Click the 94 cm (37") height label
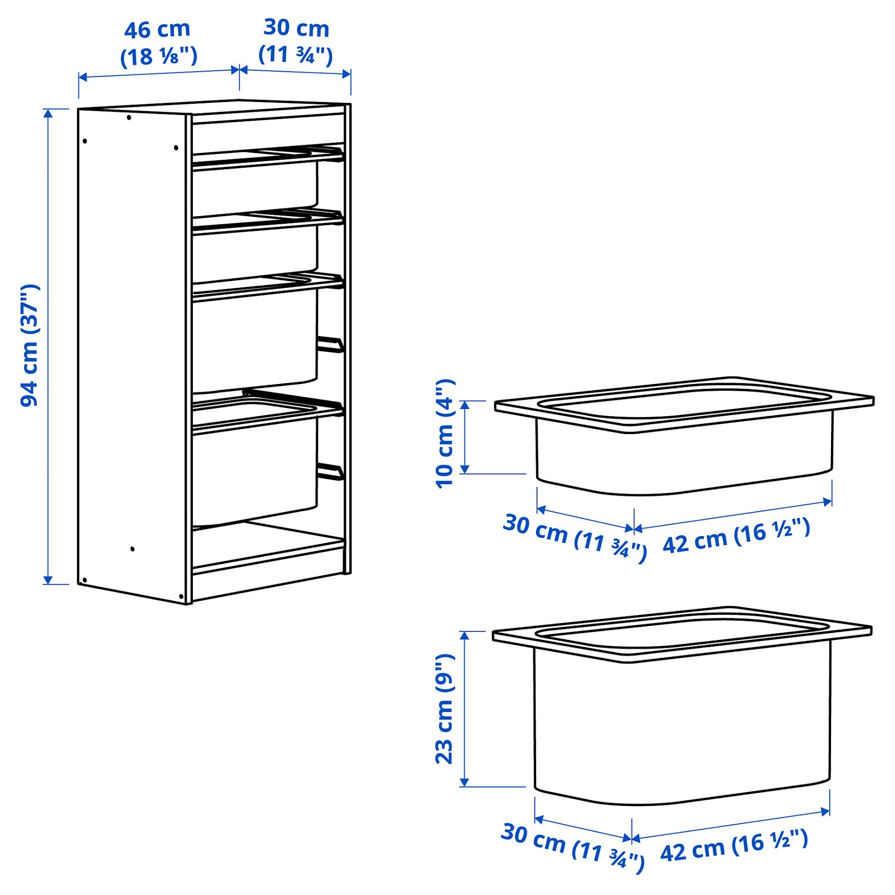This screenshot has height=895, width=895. [30, 345]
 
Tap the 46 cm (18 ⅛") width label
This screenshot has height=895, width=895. [158, 43]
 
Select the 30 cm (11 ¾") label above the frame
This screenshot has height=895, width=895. [295, 41]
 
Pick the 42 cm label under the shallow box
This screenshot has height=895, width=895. [736, 535]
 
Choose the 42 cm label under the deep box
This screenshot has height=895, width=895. [734, 846]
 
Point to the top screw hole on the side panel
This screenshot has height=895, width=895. [128, 117]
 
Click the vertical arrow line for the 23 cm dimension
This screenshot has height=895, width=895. [464, 708]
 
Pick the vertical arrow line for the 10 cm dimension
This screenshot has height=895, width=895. [465, 437]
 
